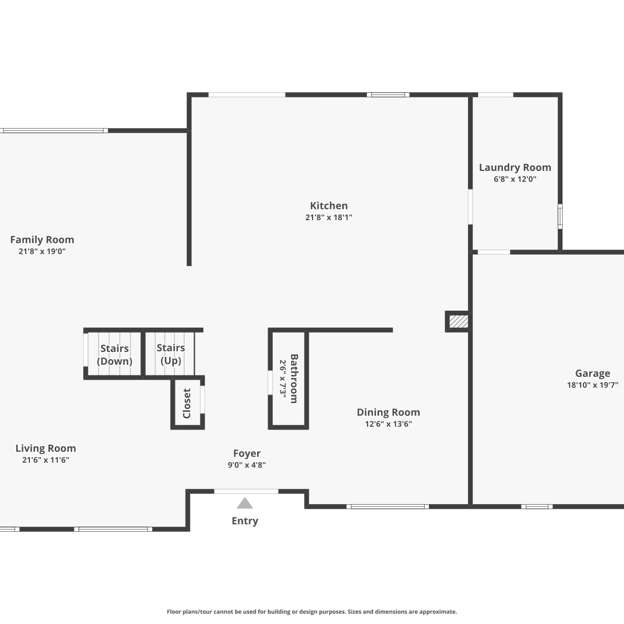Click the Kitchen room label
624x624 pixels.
pos(329,206)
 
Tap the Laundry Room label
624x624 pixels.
pos(515,168)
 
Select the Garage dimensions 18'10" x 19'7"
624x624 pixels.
pos(592,385)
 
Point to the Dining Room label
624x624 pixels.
pos(388,412)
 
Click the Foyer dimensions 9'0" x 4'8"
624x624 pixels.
pos(247,465)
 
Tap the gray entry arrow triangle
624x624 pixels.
pos(245,503)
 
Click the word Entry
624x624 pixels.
pos(245,521)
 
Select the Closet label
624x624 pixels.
pos(187,403)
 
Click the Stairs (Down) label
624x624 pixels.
pos(114,354)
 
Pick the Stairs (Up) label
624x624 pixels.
pos(171,354)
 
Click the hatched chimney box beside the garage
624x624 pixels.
pos(458,321)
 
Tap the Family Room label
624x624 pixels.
pos(42,240)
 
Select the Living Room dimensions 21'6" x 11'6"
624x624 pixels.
pos(46,460)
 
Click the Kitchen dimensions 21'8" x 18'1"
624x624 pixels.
pos(329,217)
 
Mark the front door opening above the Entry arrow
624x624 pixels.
pos(246,491)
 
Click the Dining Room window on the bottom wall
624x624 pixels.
pos(388,506)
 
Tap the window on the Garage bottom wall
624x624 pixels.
pos(537,506)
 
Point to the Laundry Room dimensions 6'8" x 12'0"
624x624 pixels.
pos(515,179)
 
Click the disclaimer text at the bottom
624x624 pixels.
pos(312,612)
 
